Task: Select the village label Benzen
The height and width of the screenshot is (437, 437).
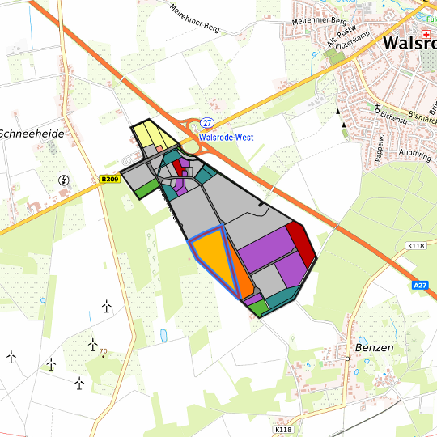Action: (x=374, y=347)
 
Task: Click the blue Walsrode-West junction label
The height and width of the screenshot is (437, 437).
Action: (x=226, y=138)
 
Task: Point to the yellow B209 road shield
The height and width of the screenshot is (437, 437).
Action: (x=110, y=179)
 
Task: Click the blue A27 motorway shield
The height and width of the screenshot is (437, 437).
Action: (x=419, y=286)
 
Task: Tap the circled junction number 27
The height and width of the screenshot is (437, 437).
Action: (x=208, y=122)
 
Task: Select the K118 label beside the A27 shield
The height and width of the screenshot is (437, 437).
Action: (x=416, y=245)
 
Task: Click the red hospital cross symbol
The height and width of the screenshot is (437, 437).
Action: (x=427, y=23)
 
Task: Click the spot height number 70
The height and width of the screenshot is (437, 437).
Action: (x=104, y=352)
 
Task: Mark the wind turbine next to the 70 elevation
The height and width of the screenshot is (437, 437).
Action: (x=93, y=344)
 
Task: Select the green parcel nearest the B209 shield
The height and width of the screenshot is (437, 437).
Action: (x=147, y=188)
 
